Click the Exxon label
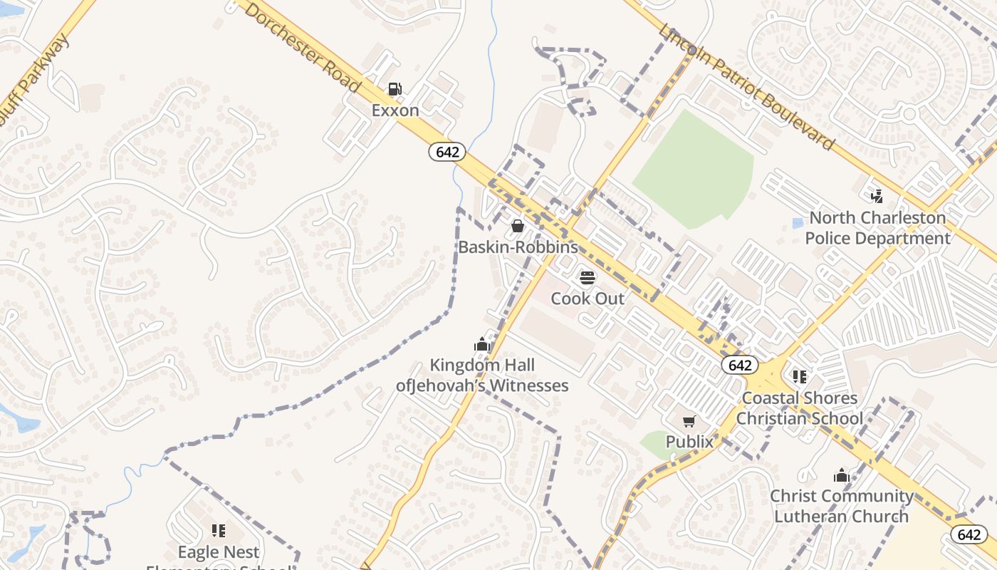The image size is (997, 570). tap(395, 111)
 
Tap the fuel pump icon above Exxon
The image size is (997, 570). tap(395, 89)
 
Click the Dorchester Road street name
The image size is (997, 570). tap(303, 46)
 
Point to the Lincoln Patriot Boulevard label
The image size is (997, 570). tap(746, 88)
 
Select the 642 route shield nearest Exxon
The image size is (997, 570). tap(447, 152)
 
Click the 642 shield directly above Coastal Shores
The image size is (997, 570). tap(740, 366)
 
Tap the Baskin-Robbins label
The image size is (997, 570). tap(518, 247)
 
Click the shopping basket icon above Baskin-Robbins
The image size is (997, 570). tap(518, 226)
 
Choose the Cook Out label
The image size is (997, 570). tap(588, 299)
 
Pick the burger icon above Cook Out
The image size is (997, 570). tap(588, 277)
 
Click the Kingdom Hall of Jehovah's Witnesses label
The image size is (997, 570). tap(482, 375)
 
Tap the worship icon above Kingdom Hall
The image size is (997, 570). tap(482, 345)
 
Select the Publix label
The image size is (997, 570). tap(689, 442)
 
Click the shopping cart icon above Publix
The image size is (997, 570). tap(689, 421)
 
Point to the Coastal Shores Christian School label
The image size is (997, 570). tap(799, 408)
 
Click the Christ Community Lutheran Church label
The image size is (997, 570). tap(842, 506)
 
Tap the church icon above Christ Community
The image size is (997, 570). tap(842, 475)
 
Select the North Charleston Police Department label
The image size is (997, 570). tap(877, 228)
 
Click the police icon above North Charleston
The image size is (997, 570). tap(877, 195)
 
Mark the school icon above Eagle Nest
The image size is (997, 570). tap(219, 531)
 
